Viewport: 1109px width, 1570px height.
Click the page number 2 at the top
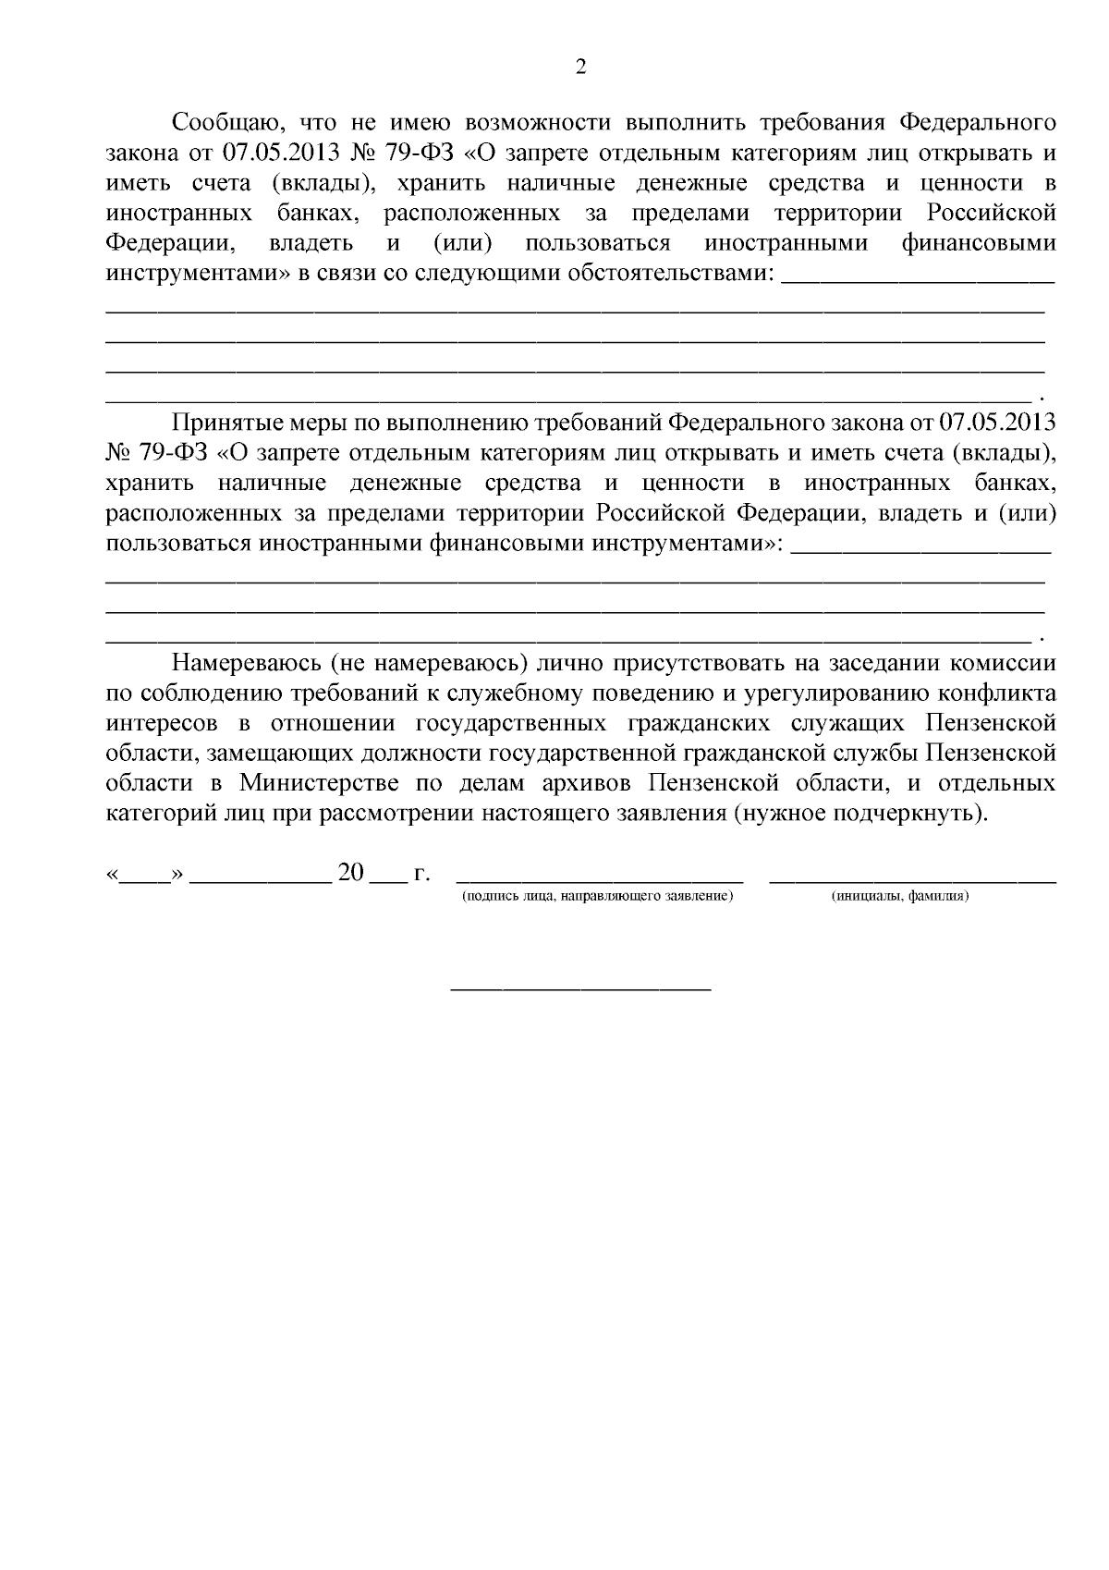tap(580, 67)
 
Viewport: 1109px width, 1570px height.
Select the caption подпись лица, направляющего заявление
tap(597, 897)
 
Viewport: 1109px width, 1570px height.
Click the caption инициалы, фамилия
tap(899, 897)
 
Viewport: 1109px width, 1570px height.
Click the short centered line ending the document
tap(580, 990)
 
